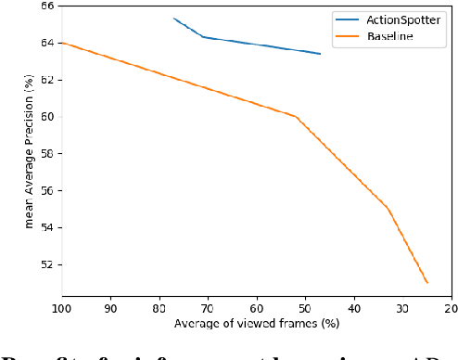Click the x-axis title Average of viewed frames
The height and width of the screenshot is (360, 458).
tap(256, 324)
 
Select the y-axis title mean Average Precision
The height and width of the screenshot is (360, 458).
tap(30, 154)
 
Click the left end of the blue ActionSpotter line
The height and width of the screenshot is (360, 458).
tap(173, 18)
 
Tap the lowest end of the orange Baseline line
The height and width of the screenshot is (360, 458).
tap(427, 282)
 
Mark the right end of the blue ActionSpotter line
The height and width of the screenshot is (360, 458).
tap(321, 54)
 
